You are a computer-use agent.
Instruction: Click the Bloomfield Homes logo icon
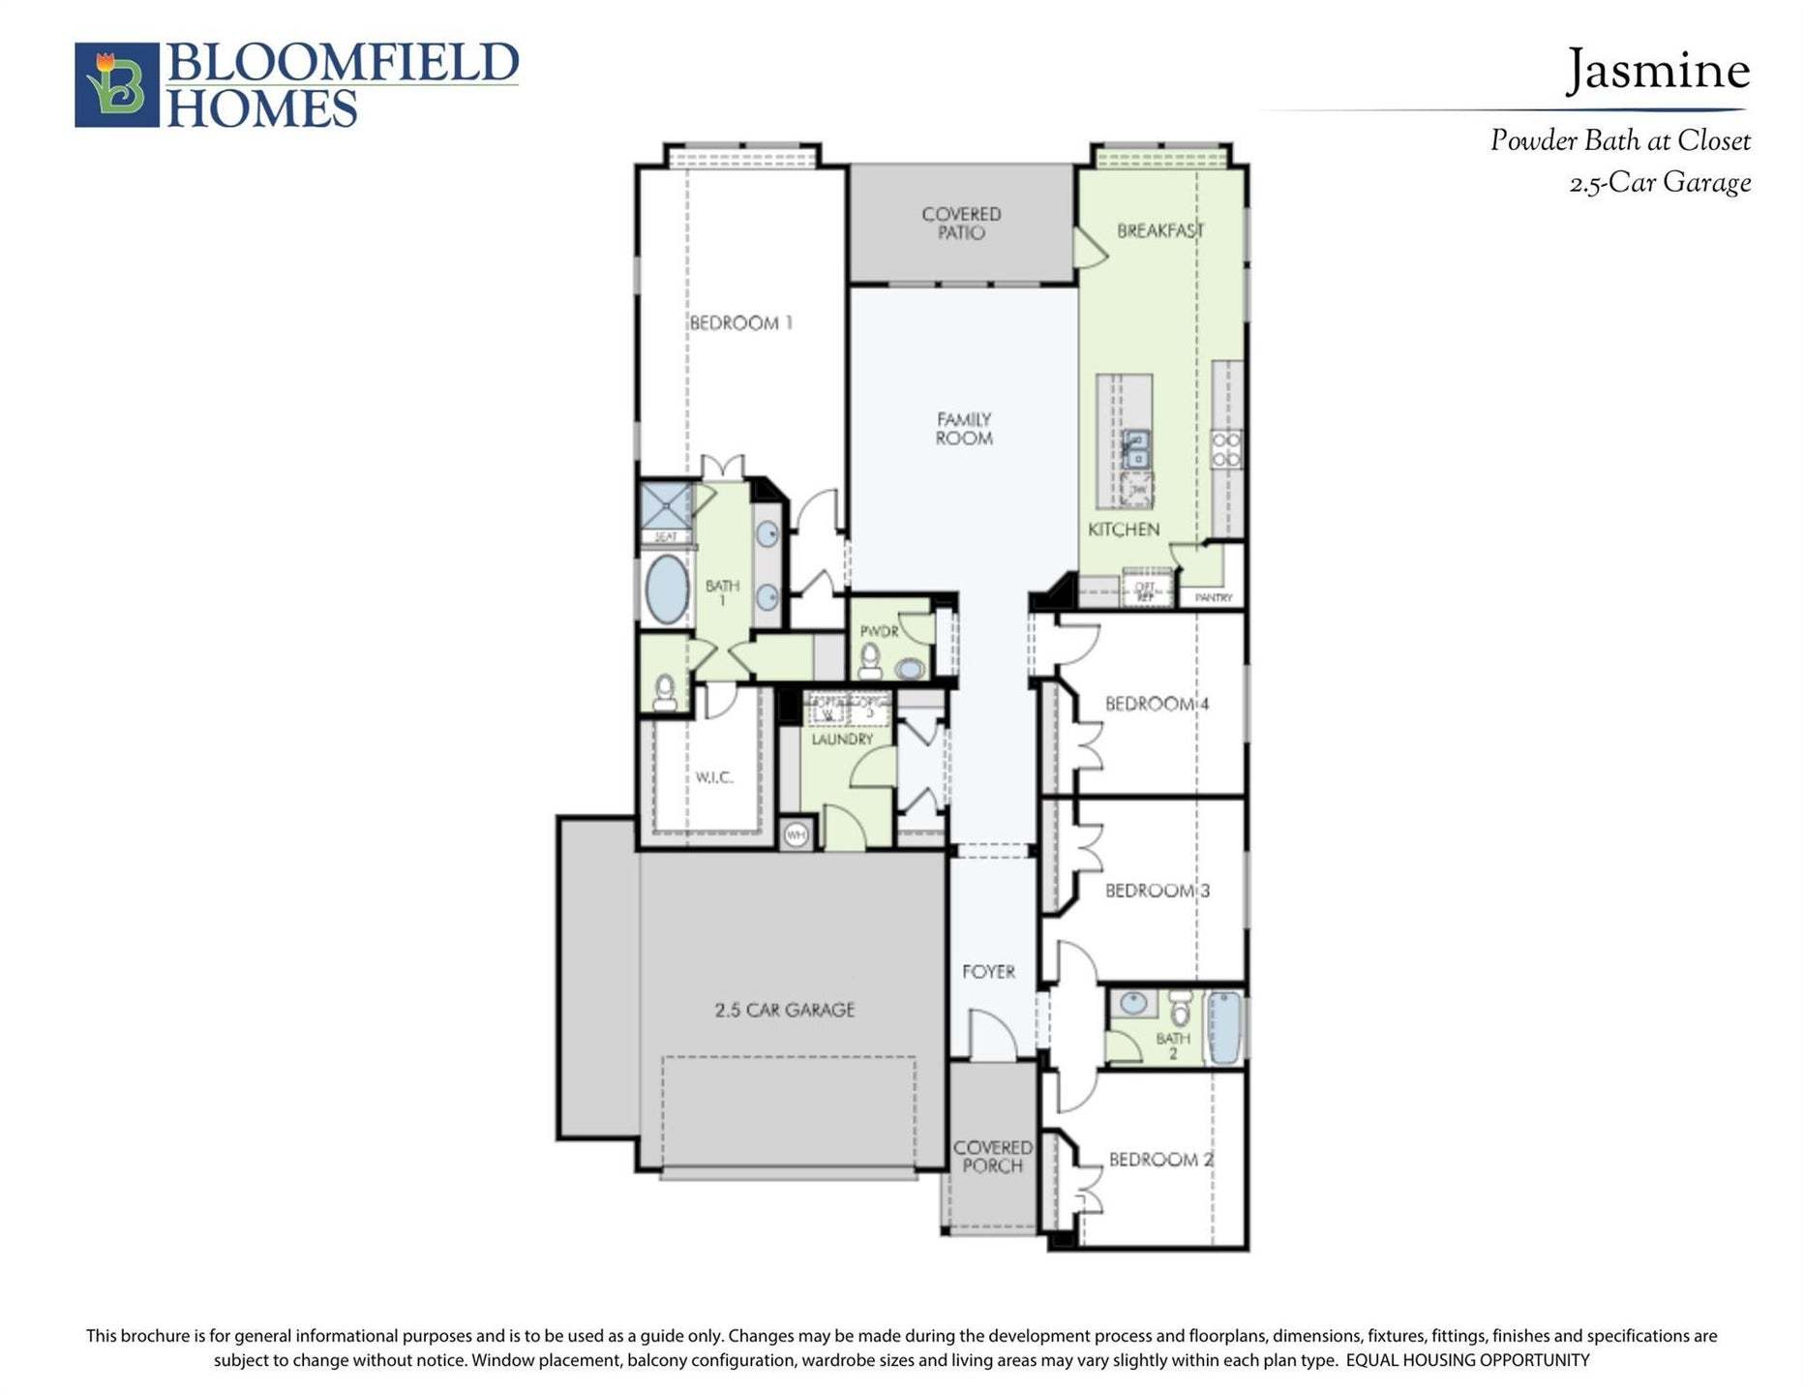click(117, 84)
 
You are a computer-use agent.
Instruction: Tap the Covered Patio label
click(961, 224)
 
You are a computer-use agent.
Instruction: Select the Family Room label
click(964, 429)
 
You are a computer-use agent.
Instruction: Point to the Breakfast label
click(1160, 230)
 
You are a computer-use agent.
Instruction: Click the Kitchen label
click(1123, 530)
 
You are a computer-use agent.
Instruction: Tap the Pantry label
click(1214, 598)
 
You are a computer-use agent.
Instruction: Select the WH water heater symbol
click(796, 834)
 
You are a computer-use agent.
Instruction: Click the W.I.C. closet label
click(714, 777)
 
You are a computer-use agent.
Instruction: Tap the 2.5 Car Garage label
click(785, 1010)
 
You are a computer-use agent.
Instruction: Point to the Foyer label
click(988, 971)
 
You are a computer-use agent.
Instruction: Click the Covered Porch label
click(992, 1157)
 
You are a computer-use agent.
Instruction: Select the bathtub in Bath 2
click(1224, 1028)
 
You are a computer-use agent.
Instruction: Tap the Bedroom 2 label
click(1160, 1159)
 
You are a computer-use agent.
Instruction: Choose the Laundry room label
click(842, 740)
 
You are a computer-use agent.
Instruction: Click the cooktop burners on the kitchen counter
click(1226, 449)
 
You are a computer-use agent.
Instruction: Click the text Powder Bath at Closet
click(1619, 141)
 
